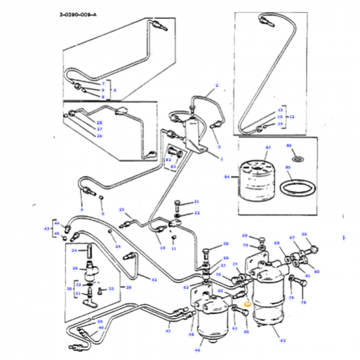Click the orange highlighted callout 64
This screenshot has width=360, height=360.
point(247,304)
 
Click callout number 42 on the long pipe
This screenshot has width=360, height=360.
point(154,280)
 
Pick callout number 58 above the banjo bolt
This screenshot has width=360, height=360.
point(226,244)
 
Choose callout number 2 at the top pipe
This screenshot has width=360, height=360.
point(217,86)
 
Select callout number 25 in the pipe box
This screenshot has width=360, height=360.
point(99,122)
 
